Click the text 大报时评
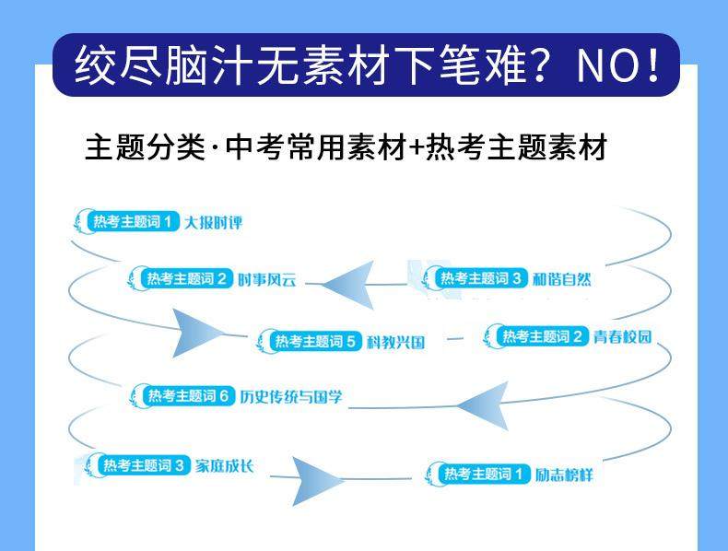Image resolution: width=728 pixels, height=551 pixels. [213, 222]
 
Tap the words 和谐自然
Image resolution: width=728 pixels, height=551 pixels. [560, 278]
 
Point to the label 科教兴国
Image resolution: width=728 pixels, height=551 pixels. [395, 342]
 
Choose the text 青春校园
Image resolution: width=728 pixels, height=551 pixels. [622, 336]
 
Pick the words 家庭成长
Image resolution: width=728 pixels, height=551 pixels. [223, 465]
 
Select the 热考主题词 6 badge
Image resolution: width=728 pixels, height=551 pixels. [187, 396]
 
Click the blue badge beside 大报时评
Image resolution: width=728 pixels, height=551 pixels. [132, 221]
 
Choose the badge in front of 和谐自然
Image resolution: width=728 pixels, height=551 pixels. [479, 278]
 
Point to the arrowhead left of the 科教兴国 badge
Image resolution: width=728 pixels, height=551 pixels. [196, 333]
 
